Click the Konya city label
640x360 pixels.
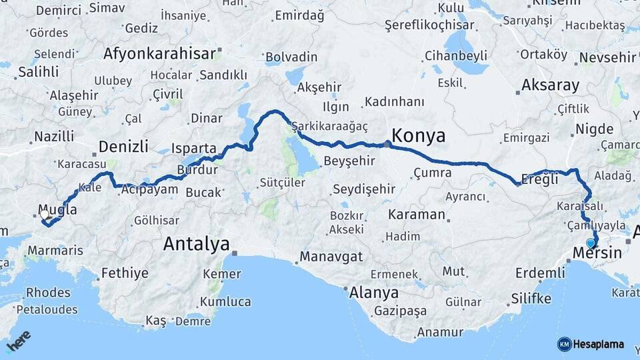point(418,136)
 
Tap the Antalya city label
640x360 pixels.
point(196,244)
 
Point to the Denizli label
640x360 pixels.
point(123,147)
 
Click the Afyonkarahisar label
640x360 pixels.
point(160,53)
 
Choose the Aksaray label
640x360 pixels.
point(550,85)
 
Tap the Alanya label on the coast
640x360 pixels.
point(375,293)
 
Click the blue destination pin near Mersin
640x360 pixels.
point(590,243)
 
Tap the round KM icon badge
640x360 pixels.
point(564,344)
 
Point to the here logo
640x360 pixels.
point(19,341)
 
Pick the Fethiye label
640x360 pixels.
point(125,273)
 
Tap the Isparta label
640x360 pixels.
point(194,148)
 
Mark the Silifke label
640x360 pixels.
point(531,298)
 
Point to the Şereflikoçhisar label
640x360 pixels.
point(429,25)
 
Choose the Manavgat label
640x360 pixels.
point(331,257)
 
